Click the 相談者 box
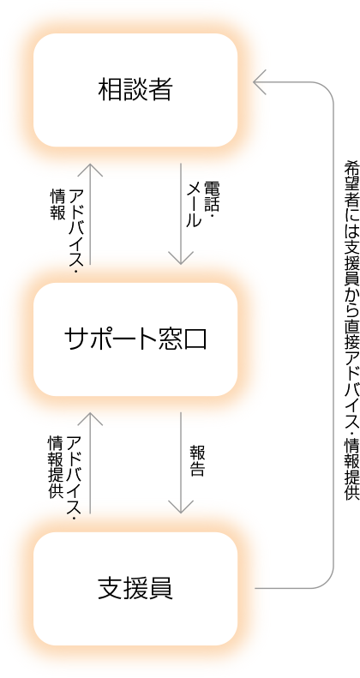(x=135, y=90)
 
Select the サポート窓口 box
(x=135, y=339)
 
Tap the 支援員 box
(x=135, y=589)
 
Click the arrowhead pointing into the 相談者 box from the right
(x=260, y=81)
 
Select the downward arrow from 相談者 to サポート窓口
(x=181, y=213)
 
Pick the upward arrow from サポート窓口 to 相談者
(x=90, y=213)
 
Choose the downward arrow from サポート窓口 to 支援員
(x=181, y=463)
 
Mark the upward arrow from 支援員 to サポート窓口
(x=90, y=463)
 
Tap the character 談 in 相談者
(x=135, y=90)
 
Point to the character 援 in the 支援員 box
(x=135, y=589)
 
